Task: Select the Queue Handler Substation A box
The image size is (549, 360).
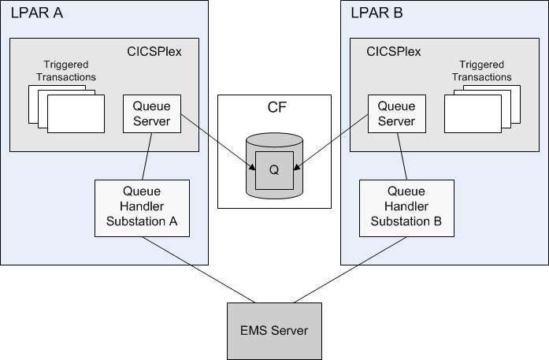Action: (143, 208)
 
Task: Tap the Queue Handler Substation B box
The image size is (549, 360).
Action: (406, 208)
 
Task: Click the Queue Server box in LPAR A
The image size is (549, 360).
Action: (152, 114)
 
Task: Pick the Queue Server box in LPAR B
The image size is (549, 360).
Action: (396, 114)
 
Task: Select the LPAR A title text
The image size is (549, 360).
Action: (37, 13)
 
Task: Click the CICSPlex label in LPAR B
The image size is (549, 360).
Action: (393, 52)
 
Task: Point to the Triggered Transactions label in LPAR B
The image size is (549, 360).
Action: (484, 71)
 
